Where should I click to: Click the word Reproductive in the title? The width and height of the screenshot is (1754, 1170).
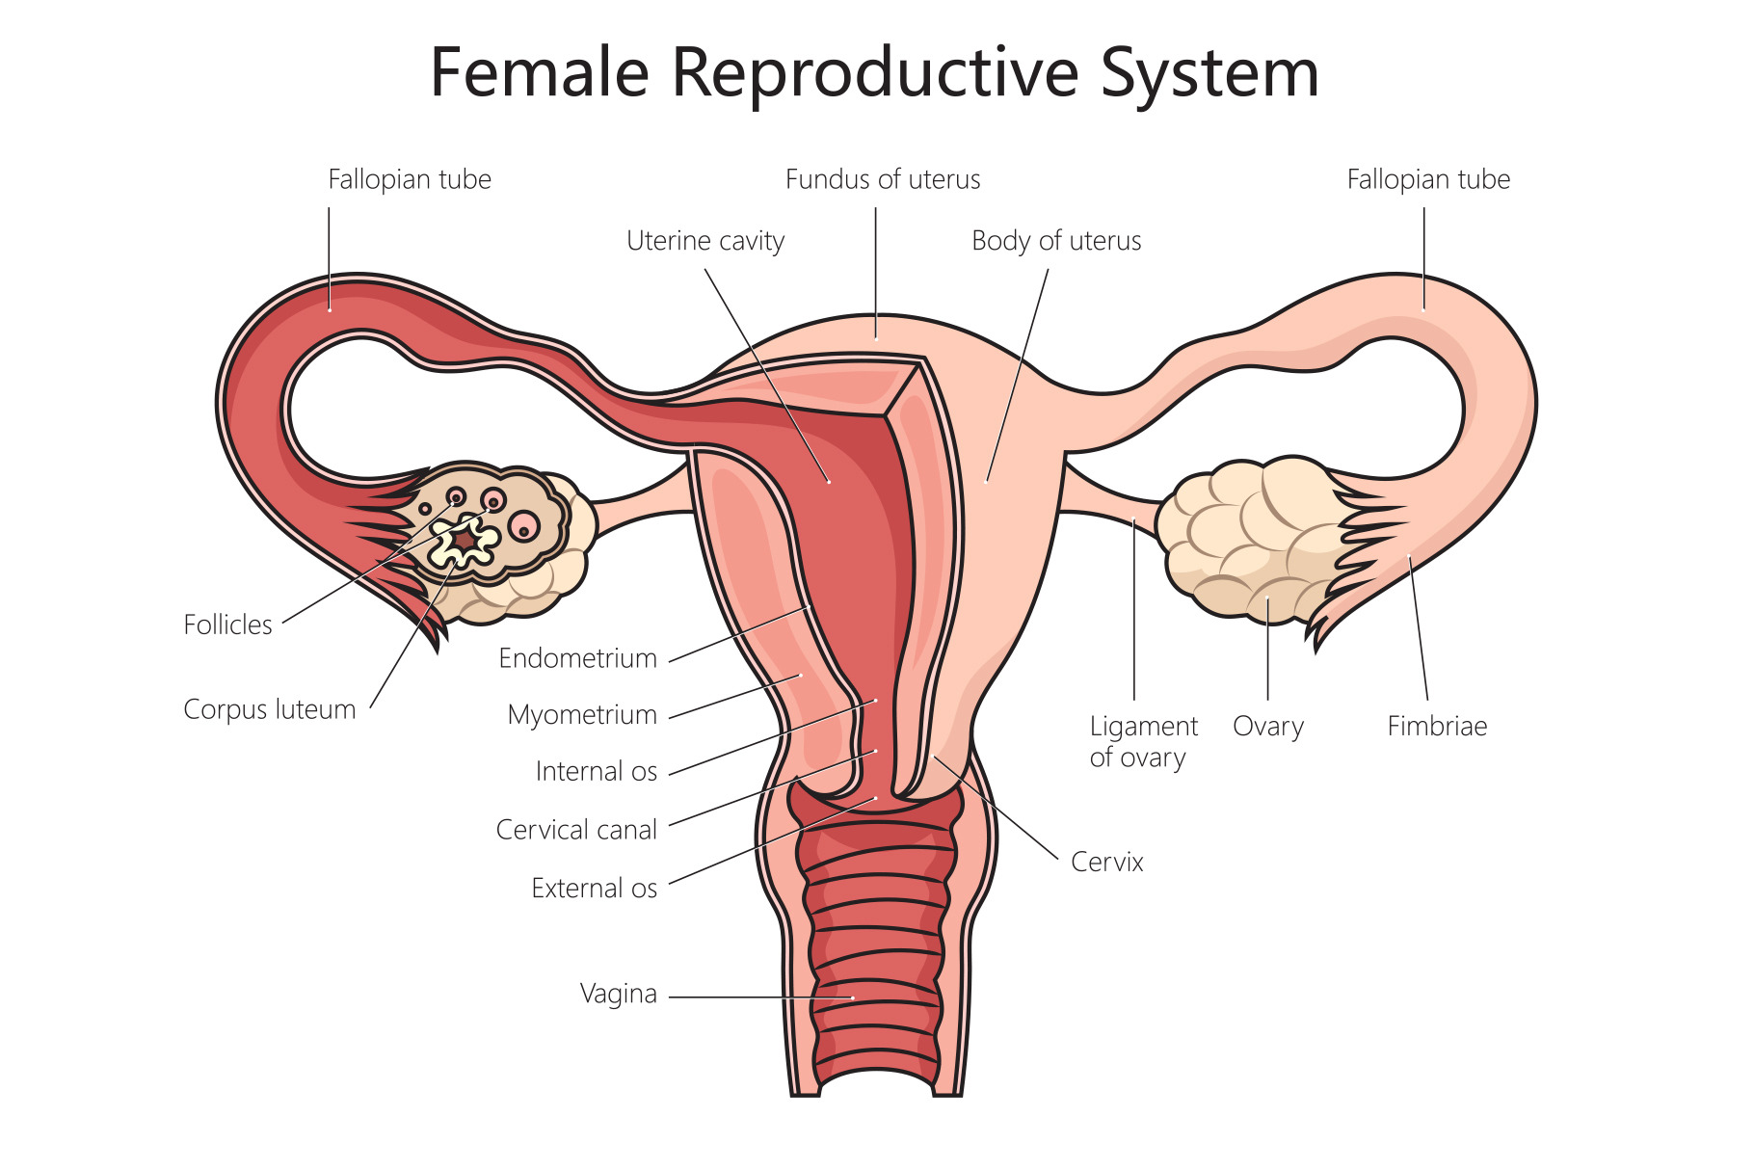[874, 73]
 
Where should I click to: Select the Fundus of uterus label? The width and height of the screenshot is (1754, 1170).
[882, 179]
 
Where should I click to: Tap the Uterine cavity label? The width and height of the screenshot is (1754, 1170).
[705, 241]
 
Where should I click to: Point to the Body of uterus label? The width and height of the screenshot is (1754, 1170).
[1055, 241]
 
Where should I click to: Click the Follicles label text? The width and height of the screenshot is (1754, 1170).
[227, 625]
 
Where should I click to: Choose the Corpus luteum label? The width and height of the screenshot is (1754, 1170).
[269, 709]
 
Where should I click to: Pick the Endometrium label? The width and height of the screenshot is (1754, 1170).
[577, 658]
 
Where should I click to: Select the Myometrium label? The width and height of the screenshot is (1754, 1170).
[582, 715]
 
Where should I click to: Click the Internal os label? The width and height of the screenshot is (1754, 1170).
[596, 772]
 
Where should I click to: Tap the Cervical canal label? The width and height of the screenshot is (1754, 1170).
[576, 830]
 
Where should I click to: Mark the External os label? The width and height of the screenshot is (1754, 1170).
[594, 889]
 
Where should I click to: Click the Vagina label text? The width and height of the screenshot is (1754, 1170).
[618, 994]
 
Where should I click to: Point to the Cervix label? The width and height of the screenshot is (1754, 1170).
[1106, 862]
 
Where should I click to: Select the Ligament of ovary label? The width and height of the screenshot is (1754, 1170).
[1143, 741]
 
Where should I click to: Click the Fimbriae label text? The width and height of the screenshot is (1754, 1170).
[1436, 727]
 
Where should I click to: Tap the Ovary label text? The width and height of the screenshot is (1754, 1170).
[1267, 727]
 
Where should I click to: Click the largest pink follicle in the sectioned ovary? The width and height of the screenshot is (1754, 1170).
[524, 526]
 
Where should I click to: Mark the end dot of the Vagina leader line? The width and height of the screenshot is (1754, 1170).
[853, 997]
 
